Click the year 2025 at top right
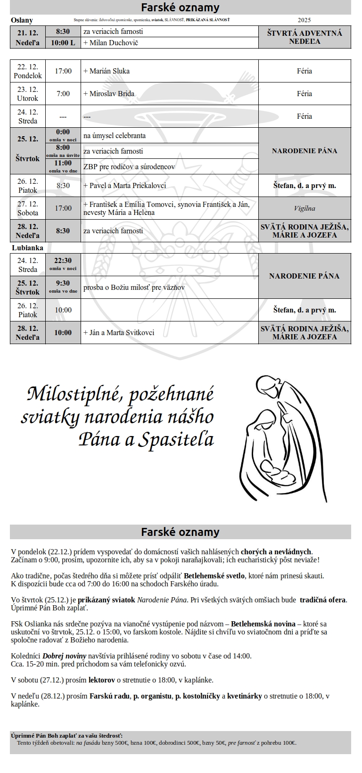tap(304, 20)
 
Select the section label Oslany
tap(22, 20)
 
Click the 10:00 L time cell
tap(63, 43)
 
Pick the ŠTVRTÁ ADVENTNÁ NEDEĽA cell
tap(304, 37)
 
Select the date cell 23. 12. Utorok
tap(28, 94)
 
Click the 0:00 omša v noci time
tap(63, 135)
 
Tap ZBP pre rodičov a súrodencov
tap(129, 166)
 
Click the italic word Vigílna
tap(304, 208)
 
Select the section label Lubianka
tap(27, 248)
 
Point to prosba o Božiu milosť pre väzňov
tap(134, 288)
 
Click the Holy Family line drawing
tap(285, 438)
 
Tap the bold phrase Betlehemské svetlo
tap(214, 576)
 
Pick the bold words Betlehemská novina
tap(263, 624)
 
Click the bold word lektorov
tap(102, 680)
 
